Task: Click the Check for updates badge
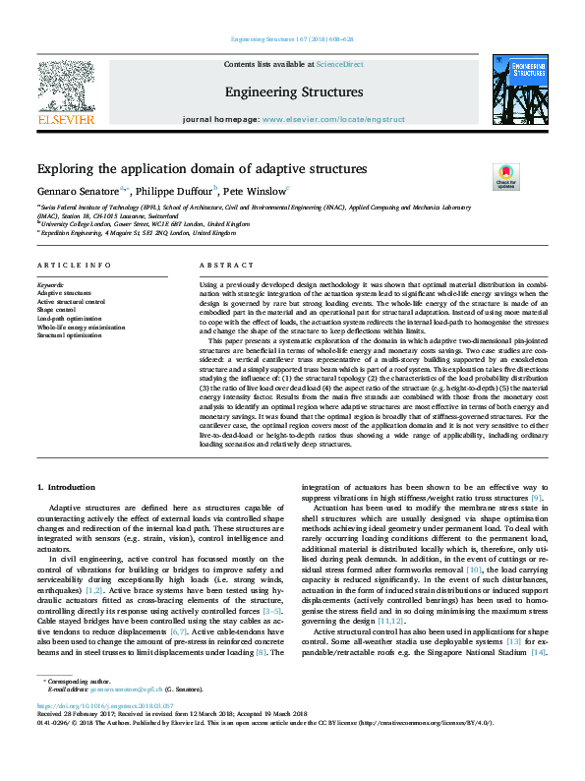click(505, 176)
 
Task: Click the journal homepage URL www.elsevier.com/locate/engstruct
click(332, 119)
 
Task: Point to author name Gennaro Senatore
click(78, 191)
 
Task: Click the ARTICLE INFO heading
click(74, 267)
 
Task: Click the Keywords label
click(50, 283)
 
